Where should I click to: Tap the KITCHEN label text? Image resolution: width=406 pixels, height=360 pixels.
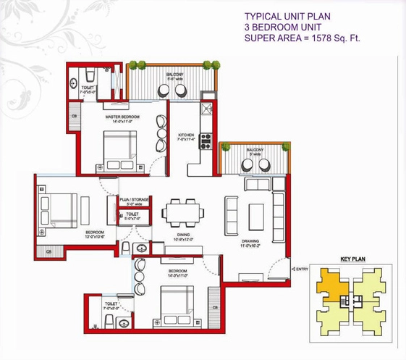[x=187, y=135]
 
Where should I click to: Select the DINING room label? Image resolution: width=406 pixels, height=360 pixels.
[x=182, y=234]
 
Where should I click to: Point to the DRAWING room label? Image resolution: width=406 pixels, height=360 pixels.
[x=249, y=241]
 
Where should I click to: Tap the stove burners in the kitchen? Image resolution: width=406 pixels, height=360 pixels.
[x=206, y=141]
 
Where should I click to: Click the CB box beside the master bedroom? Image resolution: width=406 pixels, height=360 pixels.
[x=74, y=116]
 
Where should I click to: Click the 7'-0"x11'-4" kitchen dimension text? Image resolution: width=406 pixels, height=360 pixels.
[x=187, y=140]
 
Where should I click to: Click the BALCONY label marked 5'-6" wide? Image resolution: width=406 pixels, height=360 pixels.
[x=174, y=75]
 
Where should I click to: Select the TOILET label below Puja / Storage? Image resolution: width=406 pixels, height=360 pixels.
[x=132, y=214]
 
